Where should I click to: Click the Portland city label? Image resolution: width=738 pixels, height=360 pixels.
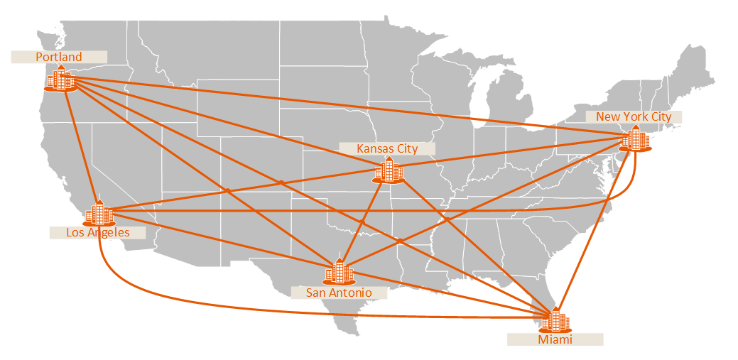click(59, 57)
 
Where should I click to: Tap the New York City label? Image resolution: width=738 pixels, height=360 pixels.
click(634, 116)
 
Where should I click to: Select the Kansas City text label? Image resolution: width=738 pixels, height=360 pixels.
click(387, 148)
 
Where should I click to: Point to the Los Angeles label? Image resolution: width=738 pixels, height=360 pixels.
click(98, 232)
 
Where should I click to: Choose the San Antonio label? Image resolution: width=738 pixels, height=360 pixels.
click(339, 293)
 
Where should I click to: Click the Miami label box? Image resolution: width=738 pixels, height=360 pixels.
click(555, 339)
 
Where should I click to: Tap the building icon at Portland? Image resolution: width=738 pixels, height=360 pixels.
click(60, 79)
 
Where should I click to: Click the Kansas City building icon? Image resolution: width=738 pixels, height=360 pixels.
click(389, 170)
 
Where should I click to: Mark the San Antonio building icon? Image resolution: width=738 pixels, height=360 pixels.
click(339, 272)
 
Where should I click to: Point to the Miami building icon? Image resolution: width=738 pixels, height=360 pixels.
click(555, 321)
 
